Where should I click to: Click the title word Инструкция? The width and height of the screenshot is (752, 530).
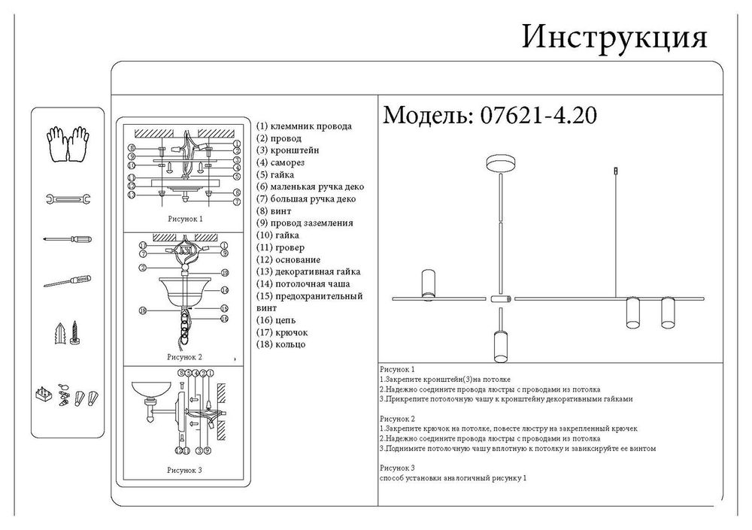coord(614,38)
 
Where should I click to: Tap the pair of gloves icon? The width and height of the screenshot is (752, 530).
coord(67,142)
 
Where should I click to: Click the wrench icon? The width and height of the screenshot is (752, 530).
coord(67,199)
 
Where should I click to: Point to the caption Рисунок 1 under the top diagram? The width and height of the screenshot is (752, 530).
coord(184,219)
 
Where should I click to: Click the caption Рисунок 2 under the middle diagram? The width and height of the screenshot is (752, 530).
coord(184,357)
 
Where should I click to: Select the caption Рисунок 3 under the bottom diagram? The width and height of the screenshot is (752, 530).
coord(184,470)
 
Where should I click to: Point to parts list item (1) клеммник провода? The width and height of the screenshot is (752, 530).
coord(304,126)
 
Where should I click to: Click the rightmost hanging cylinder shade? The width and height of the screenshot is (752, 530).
coord(667,313)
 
